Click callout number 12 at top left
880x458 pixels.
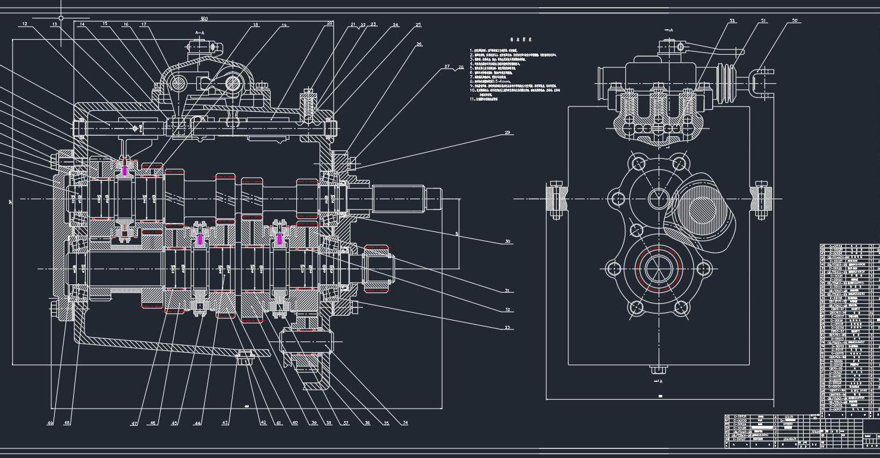click(x=24, y=24)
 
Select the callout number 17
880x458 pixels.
click(x=144, y=24)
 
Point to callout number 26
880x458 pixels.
click(x=419, y=44)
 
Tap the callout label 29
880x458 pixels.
click(x=508, y=132)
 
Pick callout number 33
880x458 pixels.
click(x=508, y=328)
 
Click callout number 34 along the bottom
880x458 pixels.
click(x=405, y=423)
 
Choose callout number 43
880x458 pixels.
click(x=225, y=423)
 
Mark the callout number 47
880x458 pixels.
click(x=134, y=423)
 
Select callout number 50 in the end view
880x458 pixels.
click(x=794, y=21)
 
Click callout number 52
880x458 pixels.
click(x=732, y=21)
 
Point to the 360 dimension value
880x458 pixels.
click(x=204, y=18)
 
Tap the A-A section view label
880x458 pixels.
click(x=200, y=33)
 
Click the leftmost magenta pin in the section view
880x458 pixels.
click(x=124, y=170)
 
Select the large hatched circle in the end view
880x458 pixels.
click(x=703, y=211)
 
